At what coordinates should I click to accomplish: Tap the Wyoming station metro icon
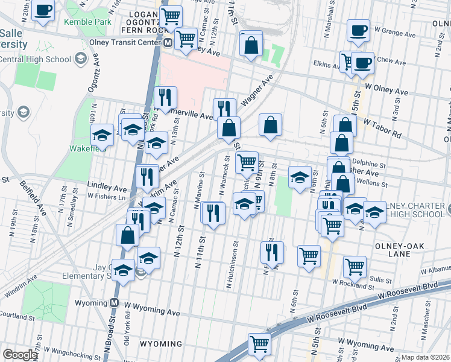pyautogui.click(x=115, y=302)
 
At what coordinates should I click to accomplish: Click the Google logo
pyautogui.click(x=20, y=355)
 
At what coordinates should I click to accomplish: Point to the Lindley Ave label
pyautogui.click(x=107, y=188)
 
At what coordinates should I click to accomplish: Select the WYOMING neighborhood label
pyautogui.click(x=161, y=344)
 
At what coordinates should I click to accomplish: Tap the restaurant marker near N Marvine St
pyautogui.click(x=213, y=212)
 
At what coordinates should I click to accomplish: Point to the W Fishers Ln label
pyautogui.click(x=107, y=196)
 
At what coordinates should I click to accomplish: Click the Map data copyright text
pyautogui.click(x=424, y=357)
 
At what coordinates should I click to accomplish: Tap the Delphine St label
pyautogui.click(x=368, y=164)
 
